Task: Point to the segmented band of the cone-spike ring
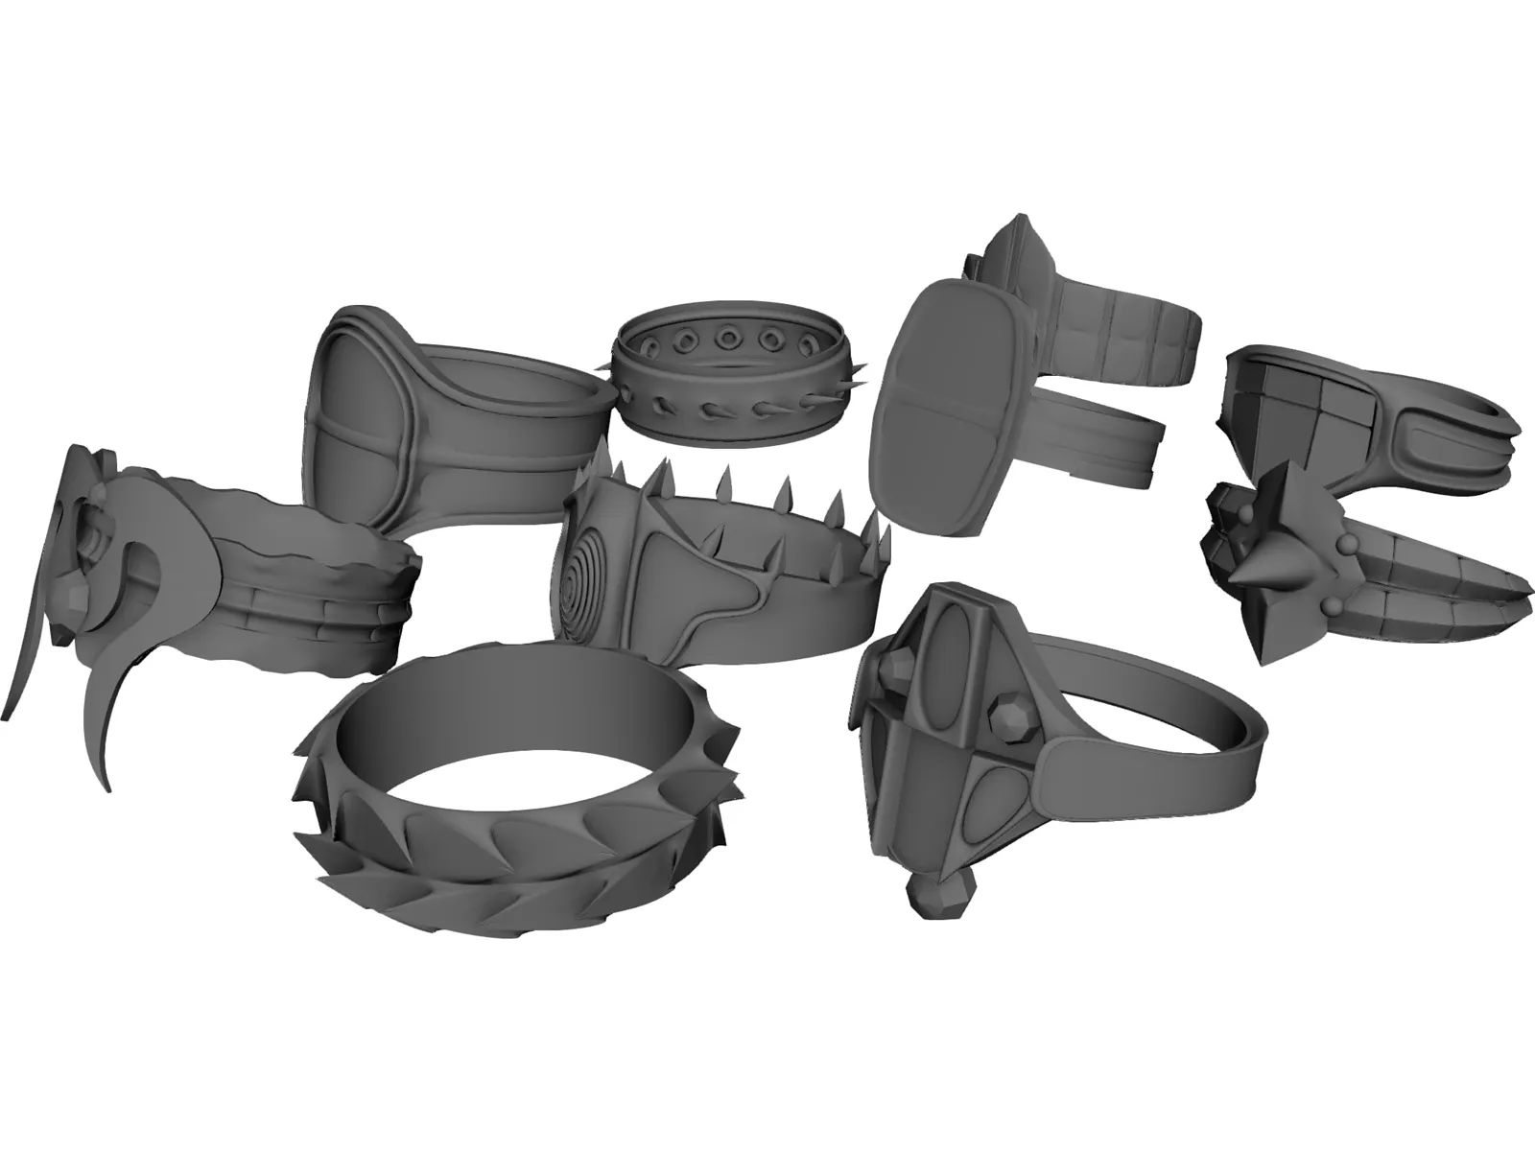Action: (1439, 595)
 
